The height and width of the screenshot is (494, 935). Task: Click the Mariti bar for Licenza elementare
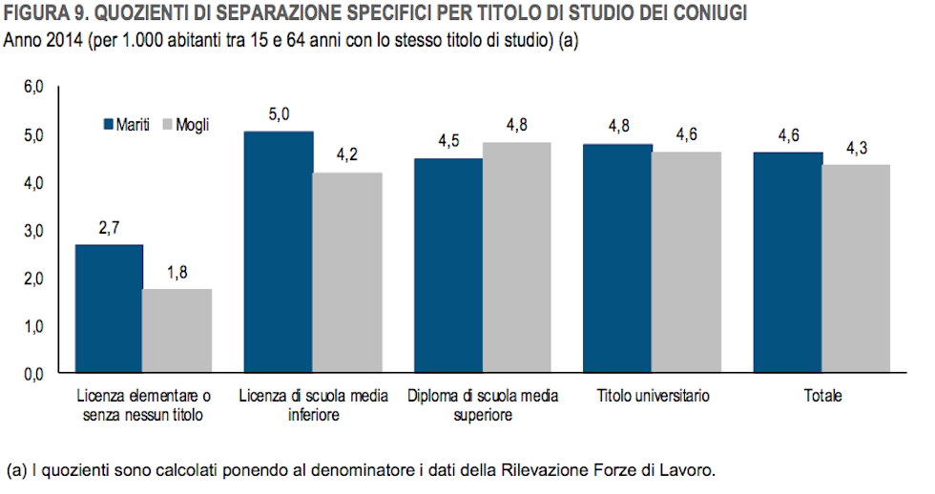click(x=109, y=309)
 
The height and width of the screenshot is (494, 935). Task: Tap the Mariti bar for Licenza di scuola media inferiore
click(x=279, y=253)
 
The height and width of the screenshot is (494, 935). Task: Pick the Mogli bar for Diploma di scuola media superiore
click(x=516, y=257)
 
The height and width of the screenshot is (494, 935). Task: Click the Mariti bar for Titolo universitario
click(x=617, y=258)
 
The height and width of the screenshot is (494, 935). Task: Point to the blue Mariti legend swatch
click(x=108, y=125)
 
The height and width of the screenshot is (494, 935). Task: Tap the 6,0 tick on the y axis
click(x=34, y=88)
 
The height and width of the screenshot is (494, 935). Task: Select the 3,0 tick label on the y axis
click(x=34, y=231)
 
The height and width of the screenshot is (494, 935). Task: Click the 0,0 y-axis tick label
click(x=34, y=375)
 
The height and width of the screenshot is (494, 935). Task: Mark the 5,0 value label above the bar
click(x=279, y=115)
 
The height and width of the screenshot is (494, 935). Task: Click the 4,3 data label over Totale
click(x=855, y=149)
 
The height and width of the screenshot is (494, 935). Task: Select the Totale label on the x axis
click(x=821, y=396)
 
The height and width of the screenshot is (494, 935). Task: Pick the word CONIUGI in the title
click(x=710, y=13)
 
